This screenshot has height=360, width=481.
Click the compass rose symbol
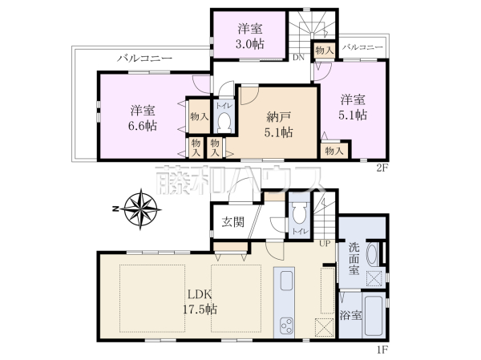click(140, 209)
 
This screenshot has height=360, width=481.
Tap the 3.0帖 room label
click(249, 44)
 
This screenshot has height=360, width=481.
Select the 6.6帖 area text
click(143, 126)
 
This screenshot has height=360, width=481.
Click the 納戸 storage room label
click(278, 117)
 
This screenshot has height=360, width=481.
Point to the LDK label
click(200, 294)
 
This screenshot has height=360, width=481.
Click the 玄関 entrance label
click(233, 222)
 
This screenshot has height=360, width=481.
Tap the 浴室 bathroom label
click(350, 315)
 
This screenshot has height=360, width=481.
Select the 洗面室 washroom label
click(354, 258)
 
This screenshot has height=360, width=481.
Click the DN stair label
click(298, 58)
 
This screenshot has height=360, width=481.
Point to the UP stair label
click(325, 244)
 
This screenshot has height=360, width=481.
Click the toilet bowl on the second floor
click(224, 122)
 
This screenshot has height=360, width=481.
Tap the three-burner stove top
click(286, 326)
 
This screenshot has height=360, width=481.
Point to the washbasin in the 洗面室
click(372, 254)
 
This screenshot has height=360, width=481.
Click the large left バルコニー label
click(144, 58)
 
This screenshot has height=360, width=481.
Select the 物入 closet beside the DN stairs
click(324, 51)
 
